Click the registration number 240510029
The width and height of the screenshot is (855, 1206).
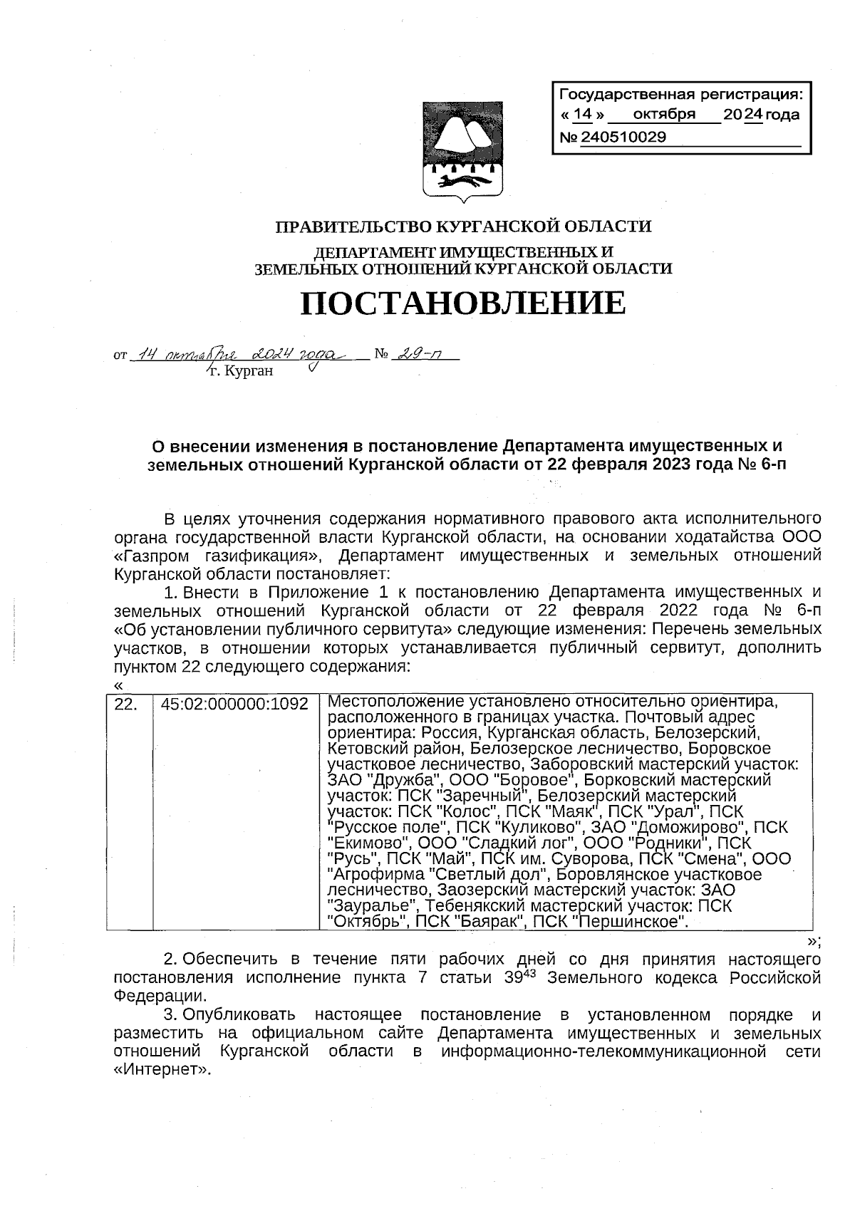point(623,137)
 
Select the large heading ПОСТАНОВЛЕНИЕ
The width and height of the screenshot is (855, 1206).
point(463,303)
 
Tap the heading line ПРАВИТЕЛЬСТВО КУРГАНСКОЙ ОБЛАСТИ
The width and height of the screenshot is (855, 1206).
point(463,227)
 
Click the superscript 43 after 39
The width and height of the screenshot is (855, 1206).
point(529,972)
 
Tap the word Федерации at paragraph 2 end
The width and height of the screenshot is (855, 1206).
point(161,995)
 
